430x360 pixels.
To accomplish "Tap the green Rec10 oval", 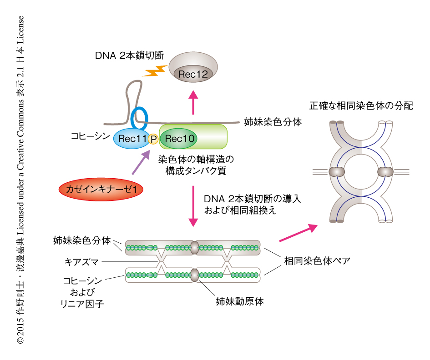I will coord(178,139).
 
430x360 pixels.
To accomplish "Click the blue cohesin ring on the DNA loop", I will coord(139,118).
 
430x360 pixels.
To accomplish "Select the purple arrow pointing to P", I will coord(141,162).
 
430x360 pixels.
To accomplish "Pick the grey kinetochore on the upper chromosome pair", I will coord(194,247).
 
